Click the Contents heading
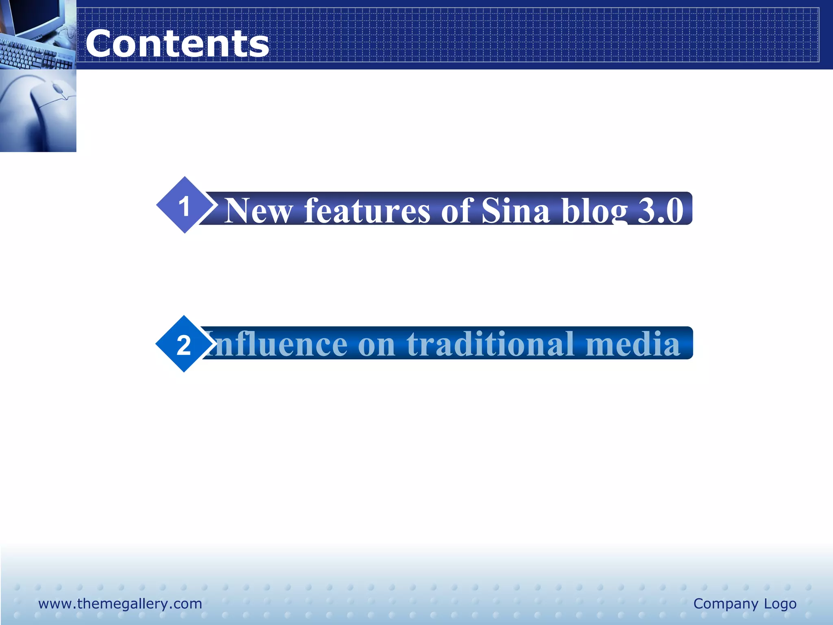tap(177, 44)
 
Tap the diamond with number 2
tap(184, 344)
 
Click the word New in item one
tap(259, 211)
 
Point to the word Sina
tap(515, 211)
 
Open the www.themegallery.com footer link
tap(120, 603)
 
